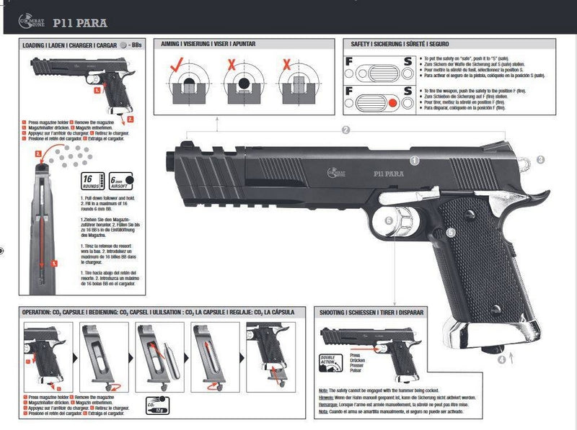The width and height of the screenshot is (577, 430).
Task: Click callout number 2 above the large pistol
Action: point(345,130)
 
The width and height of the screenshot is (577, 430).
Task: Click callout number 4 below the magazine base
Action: point(502,358)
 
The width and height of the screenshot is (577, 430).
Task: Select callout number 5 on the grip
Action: point(450,232)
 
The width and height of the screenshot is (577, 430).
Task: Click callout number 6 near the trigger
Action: point(388,221)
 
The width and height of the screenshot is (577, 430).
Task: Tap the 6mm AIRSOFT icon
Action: point(122,182)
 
